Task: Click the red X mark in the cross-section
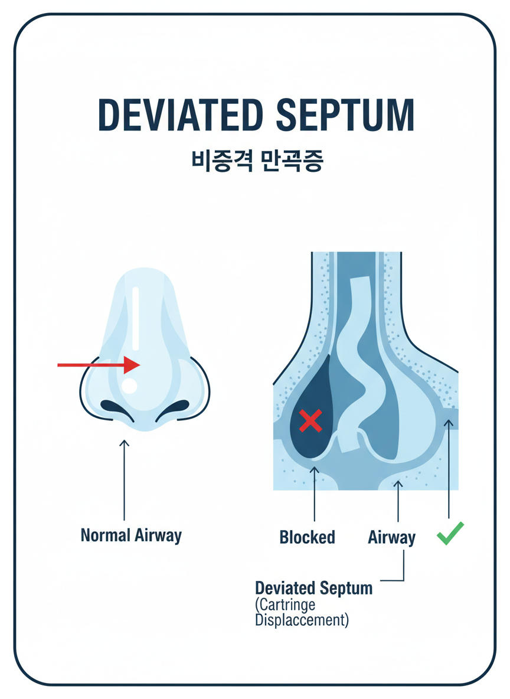(310, 420)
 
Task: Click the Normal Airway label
(131, 535)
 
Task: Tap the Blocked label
(307, 537)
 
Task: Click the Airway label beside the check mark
(391, 537)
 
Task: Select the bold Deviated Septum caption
(313, 588)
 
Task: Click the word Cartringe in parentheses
(286, 605)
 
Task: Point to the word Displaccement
(302, 620)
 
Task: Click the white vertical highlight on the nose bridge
(136, 319)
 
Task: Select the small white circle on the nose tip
(129, 386)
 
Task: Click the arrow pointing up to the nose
(124, 478)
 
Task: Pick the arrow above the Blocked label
(315, 493)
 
